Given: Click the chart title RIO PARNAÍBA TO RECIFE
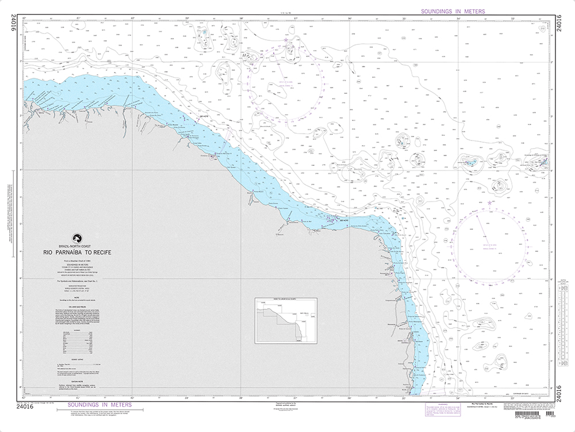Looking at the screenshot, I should [x=79, y=252].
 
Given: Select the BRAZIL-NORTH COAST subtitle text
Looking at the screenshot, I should [x=76, y=247].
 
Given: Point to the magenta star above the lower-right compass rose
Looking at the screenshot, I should [x=489, y=203].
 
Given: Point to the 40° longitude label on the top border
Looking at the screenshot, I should [x=133, y=18].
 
